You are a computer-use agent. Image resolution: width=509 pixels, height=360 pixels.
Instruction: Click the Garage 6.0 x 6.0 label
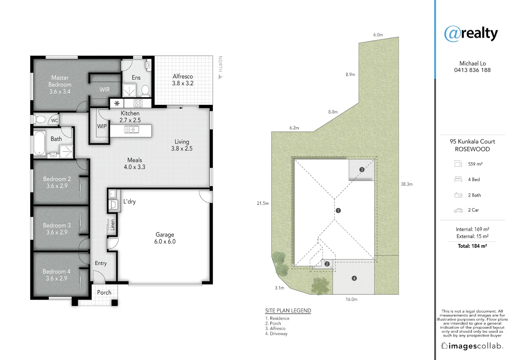click(x=165, y=238)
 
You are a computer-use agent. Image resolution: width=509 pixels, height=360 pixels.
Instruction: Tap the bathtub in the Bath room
click(x=39, y=143)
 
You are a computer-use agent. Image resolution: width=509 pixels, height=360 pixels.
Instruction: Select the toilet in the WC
click(x=40, y=119)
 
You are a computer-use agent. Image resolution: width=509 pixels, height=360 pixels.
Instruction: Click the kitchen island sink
click(x=132, y=129)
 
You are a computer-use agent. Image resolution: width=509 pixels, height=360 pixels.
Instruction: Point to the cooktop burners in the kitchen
click(x=138, y=103)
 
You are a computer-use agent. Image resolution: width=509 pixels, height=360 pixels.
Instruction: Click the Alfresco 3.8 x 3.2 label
click(x=183, y=80)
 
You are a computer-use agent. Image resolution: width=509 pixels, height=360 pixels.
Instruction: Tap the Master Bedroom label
click(x=60, y=84)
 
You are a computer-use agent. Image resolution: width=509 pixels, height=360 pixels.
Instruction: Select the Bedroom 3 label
click(x=57, y=229)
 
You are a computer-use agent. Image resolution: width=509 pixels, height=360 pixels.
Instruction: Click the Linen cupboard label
click(x=113, y=225)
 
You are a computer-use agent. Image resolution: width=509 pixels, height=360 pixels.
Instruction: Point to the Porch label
click(x=104, y=292)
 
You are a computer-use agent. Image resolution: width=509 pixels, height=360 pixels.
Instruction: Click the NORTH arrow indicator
click(x=220, y=77)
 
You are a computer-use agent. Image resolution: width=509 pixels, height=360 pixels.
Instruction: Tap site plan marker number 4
click(x=354, y=278)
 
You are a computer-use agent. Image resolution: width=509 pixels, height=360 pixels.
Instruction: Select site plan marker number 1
click(x=338, y=210)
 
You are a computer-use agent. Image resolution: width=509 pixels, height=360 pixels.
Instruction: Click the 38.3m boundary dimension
click(x=407, y=184)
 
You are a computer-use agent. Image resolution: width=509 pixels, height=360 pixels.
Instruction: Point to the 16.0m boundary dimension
click(x=351, y=299)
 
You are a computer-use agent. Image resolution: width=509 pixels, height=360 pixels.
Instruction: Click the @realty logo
click(x=471, y=33)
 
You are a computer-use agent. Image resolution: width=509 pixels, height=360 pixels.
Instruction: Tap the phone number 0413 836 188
click(x=472, y=70)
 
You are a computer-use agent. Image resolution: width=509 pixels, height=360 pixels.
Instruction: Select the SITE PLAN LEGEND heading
click(x=288, y=310)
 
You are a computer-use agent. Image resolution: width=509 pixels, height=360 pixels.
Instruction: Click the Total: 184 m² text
click(x=472, y=246)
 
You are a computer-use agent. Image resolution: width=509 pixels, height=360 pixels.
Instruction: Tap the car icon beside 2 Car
click(x=458, y=210)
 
